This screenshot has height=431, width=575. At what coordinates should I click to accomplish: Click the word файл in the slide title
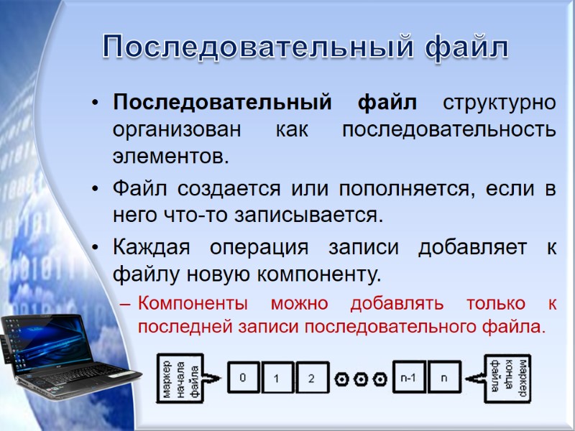[467, 47]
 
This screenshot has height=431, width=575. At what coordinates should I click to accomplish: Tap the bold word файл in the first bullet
[387, 103]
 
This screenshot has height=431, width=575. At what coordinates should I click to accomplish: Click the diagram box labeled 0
[244, 377]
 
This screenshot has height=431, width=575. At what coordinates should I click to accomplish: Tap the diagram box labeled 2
[310, 377]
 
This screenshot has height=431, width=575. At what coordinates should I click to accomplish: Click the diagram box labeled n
[444, 377]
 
